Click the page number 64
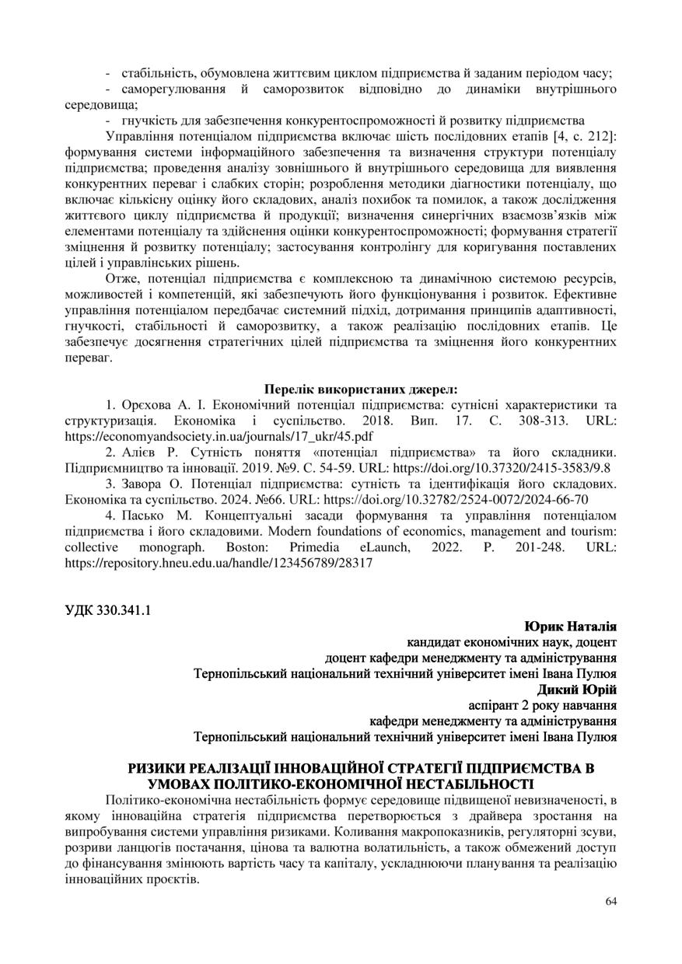610,901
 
